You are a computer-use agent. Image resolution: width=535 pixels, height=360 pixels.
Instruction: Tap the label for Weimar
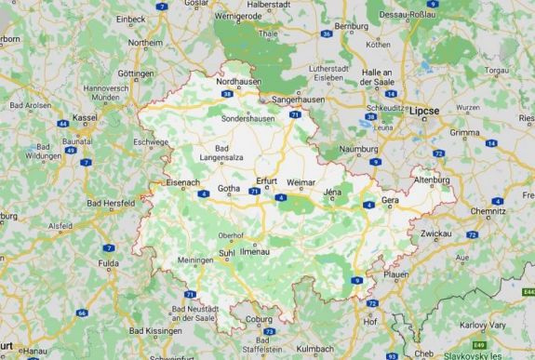point(302,182)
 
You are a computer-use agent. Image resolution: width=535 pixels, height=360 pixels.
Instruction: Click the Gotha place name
point(229,189)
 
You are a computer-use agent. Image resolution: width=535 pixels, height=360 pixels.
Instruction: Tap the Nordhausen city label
point(235,82)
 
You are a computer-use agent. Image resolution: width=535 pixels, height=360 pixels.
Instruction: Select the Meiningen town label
point(196,260)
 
